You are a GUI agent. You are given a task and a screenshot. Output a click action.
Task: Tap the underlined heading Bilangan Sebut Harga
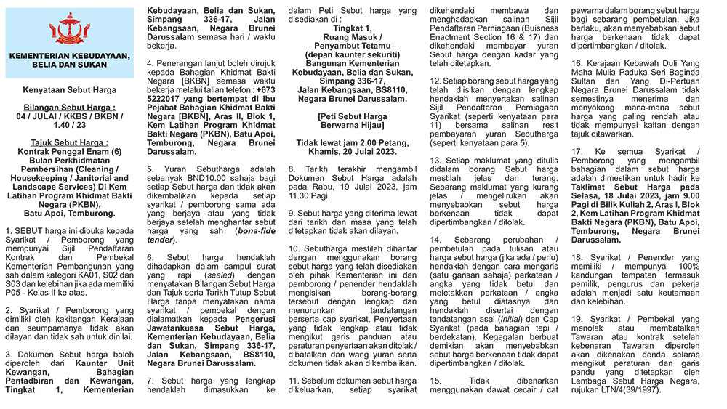point(69,107)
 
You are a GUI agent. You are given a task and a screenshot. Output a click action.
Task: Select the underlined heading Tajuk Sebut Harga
point(69,142)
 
